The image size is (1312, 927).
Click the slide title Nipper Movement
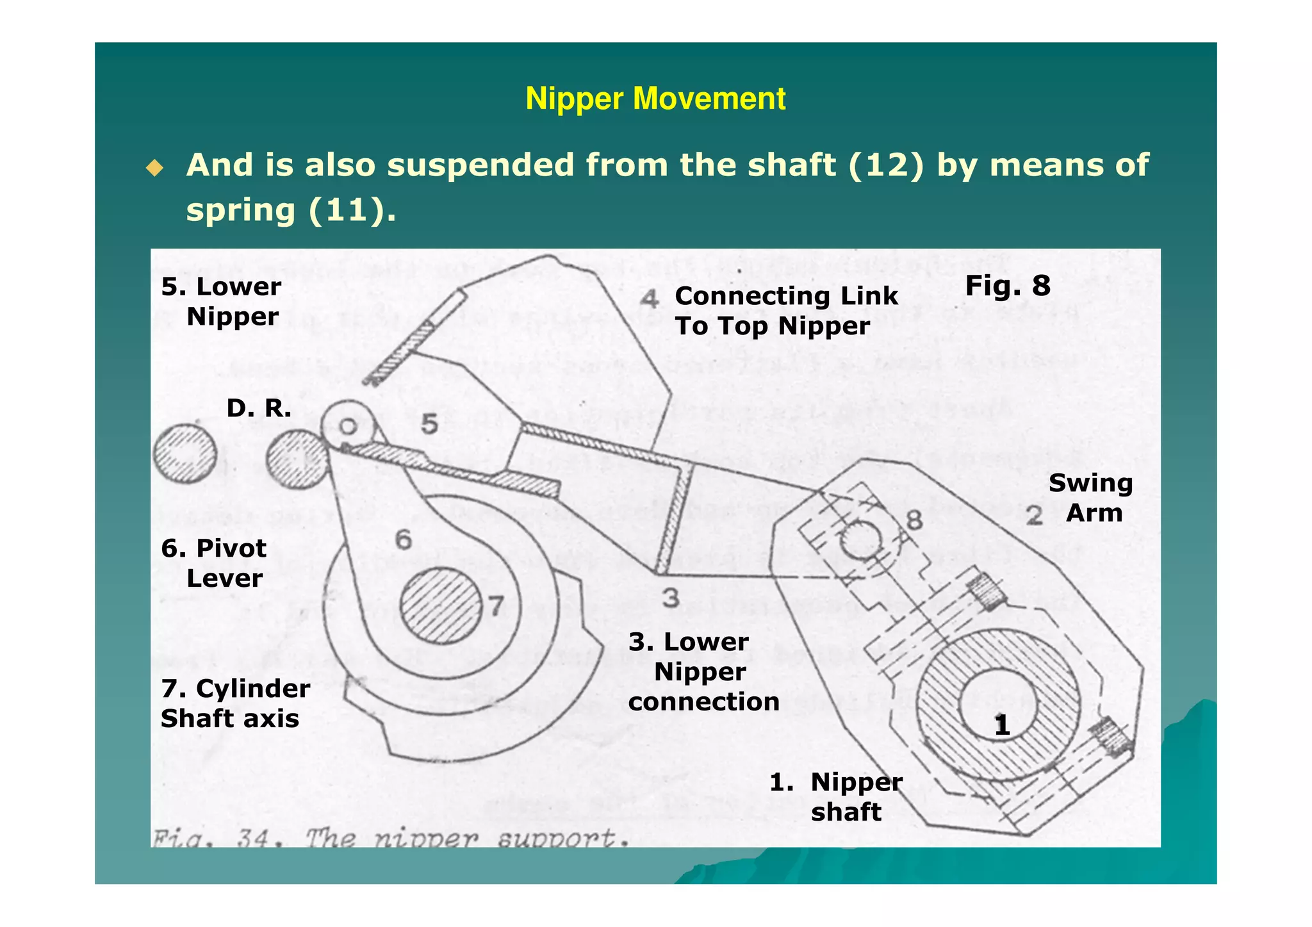pos(655,99)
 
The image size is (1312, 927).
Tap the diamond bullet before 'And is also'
pos(154,168)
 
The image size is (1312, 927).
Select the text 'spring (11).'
pos(291,210)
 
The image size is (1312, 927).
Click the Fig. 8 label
pos(1007,286)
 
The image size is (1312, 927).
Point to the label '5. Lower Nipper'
pos(221,301)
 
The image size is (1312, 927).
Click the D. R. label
pos(259,408)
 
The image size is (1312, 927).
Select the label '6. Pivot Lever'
pos(214,563)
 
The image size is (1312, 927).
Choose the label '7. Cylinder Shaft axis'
pos(235,703)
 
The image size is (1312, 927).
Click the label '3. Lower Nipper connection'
pos(703,671)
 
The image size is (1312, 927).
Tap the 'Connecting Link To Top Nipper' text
pos(786,311)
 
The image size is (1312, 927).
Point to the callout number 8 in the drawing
pos(914,520)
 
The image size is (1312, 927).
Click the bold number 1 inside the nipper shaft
pos(1002,725)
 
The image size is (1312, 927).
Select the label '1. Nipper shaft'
pos(837,796)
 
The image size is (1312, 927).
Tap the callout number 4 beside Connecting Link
pos(650,299)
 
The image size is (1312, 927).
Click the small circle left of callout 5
pos(348,426)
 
